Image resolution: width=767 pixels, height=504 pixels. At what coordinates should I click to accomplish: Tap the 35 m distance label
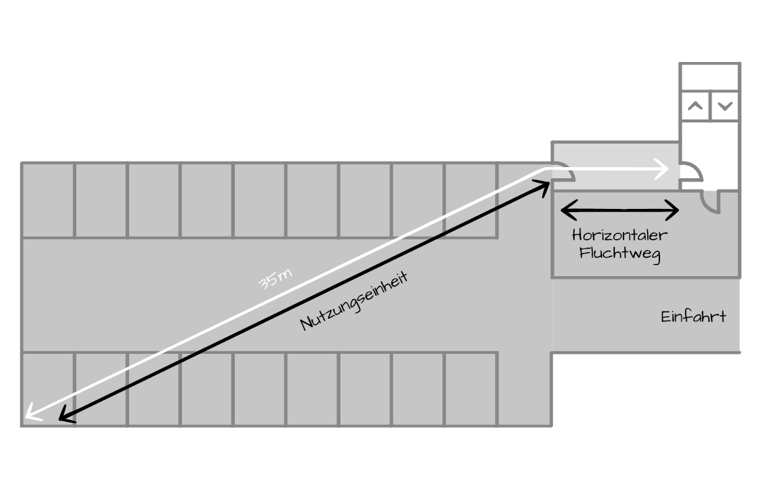click(275, 280)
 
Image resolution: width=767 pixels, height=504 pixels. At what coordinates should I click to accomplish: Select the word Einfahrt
click(693, 317)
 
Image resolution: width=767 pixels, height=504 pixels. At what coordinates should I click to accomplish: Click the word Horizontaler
click(620, 236)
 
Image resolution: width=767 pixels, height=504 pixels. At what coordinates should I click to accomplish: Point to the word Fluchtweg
click(620, 253)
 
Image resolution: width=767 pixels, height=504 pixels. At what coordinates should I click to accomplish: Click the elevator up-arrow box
click(695, 106)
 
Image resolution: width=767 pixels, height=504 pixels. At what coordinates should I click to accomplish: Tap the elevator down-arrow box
click(725, 106)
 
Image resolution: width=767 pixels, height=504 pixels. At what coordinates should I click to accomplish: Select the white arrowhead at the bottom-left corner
click(30, 414)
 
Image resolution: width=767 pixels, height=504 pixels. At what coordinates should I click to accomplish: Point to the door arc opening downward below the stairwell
click(710, 200)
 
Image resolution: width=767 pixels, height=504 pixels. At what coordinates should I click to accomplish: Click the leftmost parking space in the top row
click(48, 200)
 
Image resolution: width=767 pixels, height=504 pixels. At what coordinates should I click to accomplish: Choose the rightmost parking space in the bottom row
click(472, 388)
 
